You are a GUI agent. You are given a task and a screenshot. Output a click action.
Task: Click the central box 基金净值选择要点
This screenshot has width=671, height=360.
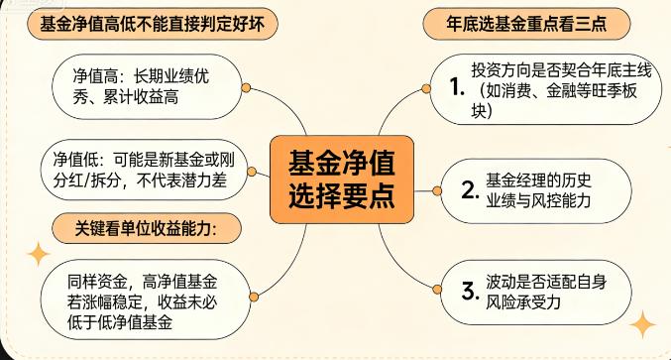(x=338, y=179)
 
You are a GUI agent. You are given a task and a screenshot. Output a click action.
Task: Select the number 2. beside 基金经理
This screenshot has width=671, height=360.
(x=471, y=189)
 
